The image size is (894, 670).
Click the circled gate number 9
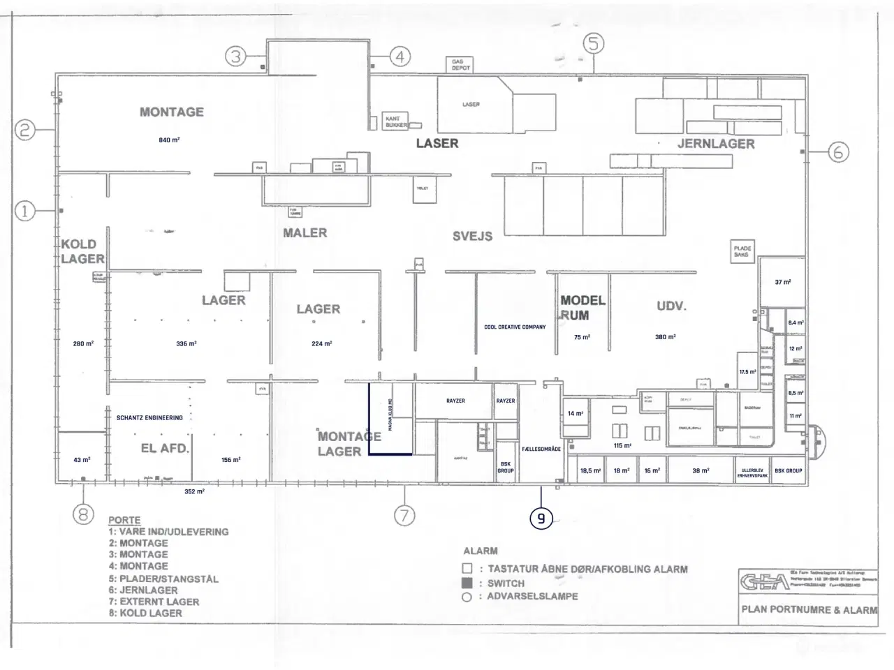point(541,519)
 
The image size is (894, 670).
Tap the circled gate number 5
point(593,44)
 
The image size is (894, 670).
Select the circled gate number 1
point(25,210)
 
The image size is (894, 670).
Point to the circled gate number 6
point(838,151)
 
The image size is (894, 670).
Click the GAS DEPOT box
point(461,65)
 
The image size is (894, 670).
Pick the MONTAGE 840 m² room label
point(172,112)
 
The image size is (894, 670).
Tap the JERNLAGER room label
point(716,144)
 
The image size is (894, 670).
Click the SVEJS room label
point(472,237)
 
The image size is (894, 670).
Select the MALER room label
point(305,233)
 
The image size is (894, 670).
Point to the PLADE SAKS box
point(742,251)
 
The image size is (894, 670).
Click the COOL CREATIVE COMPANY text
point(515,327)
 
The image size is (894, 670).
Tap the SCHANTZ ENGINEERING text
point(149,418)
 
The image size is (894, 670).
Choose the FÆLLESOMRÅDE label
point(541,449)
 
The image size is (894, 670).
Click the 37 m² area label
point(782,282)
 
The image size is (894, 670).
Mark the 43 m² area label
point(82,460)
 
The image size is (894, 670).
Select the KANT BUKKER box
point(396,122)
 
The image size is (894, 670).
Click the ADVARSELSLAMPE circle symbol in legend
point(467,597)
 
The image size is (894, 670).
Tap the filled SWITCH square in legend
point(467,583)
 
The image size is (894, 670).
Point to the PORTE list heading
point(124,520)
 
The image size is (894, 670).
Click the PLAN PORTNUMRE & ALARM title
point(809,609)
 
